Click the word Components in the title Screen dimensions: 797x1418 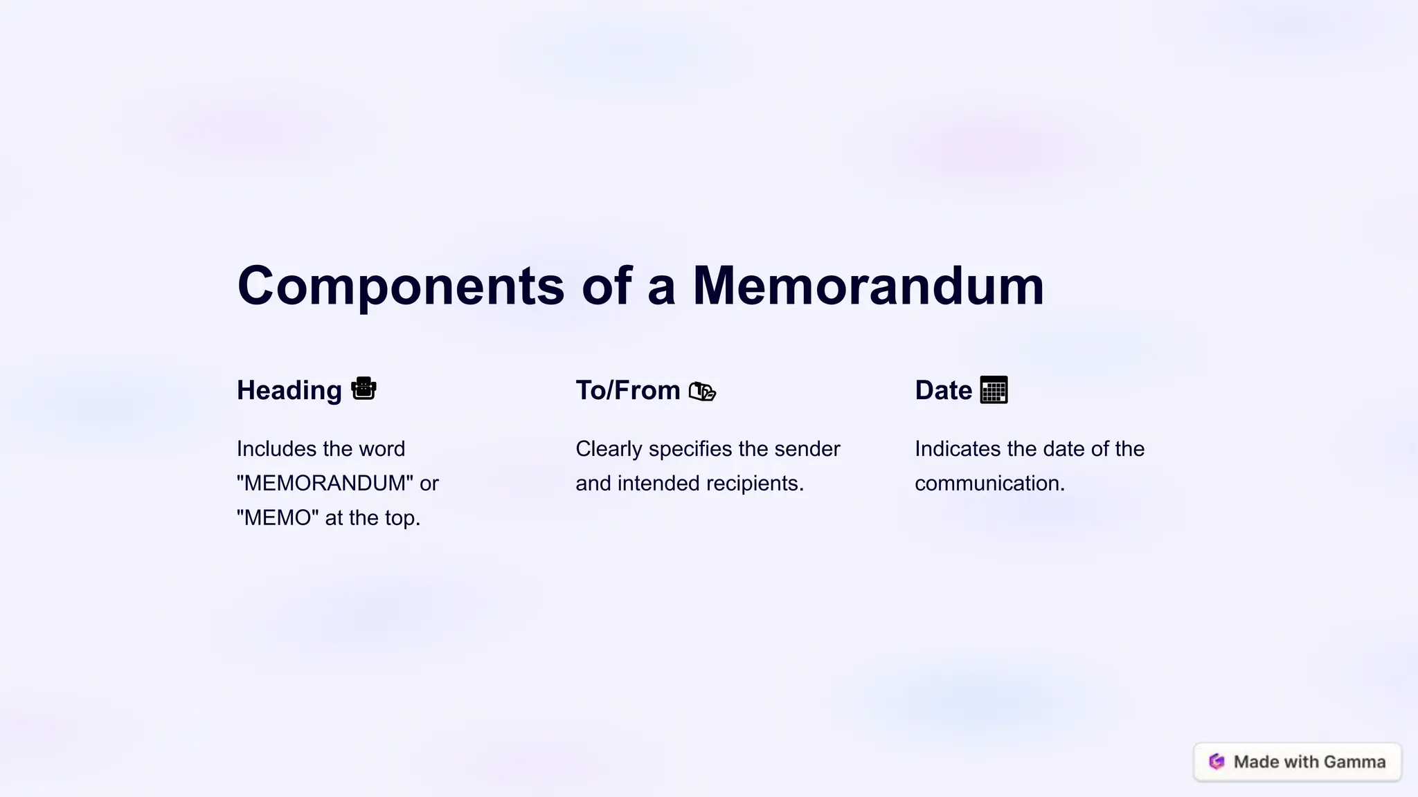[400, 286]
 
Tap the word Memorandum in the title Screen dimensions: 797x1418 [868, 285]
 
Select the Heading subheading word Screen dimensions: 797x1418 [289, 390]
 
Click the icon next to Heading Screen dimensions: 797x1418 [364, 389]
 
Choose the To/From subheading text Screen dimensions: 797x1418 [627, 390]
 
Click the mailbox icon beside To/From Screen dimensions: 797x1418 [702, 392]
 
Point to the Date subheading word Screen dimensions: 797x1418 [943, 390]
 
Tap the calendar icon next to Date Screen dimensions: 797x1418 [994, 390]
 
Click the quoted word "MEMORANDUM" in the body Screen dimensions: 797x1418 [325, 483]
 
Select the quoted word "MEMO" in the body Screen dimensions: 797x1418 [278, 517]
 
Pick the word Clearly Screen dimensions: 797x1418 [609, 448]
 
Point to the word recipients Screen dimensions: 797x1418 [762, 483]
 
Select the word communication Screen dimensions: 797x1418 [989, 483]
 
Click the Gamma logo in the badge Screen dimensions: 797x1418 [1217, 762]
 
